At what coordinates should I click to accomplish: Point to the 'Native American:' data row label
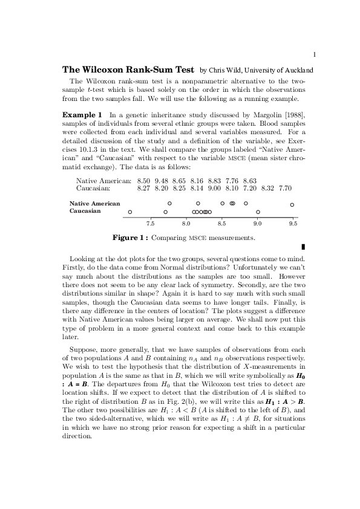[x=103, y=180]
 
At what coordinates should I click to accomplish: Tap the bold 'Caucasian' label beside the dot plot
[x=85, y=212]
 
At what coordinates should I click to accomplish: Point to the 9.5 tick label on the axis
[x=293, y=222]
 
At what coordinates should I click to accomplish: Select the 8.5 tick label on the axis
[x=221, y=222]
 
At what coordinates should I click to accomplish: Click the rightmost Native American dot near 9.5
[x=292, y=204]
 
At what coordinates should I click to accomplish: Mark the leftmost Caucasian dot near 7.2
[x=130, y=212]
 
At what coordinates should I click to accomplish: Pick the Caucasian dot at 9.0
[x=258, y=212]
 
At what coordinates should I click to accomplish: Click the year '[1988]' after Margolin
[x=295, y=114]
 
